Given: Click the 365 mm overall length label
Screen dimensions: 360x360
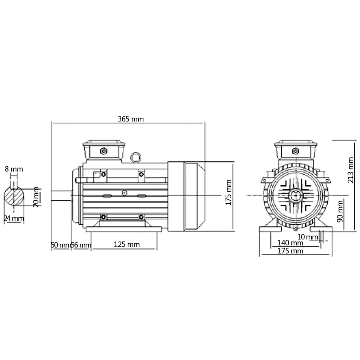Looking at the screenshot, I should pos(130,119).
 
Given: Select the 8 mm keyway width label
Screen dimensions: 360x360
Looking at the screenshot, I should pos(14,169).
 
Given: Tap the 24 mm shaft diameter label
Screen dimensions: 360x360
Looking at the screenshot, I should pos(14,218).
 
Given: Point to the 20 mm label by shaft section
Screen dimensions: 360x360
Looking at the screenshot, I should pos(36,197).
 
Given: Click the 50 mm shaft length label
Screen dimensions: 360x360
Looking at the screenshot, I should pos(60,245).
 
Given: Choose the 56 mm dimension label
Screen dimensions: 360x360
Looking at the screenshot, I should pos(81,245).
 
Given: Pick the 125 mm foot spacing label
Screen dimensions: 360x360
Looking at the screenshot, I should pos(127,244).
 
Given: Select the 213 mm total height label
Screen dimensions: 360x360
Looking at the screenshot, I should pos(351,170).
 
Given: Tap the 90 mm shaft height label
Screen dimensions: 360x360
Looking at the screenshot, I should pos(340,211).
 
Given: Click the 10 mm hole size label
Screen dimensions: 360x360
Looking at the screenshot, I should pos(307,237).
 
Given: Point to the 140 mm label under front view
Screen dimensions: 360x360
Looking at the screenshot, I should pos(290,243).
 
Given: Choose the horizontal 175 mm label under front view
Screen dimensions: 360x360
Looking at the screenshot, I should pos(290,251).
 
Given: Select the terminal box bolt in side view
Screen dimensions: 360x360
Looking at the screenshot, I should pos(104,151).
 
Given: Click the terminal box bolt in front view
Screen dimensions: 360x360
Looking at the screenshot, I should pos(295,151).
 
